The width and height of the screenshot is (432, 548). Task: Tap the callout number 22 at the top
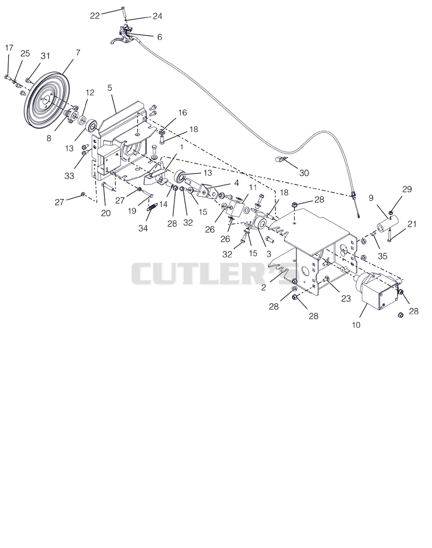click(x=95, y=16)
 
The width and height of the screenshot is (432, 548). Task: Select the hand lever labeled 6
click(x=124, y=36)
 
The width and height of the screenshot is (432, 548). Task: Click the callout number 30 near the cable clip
click(x=304, y=173)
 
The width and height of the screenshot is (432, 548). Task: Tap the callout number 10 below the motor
click(x=356, y=325)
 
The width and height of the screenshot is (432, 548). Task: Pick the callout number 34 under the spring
click(x=143, y=228)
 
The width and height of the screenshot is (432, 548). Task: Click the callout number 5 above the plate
click(x=110, y=88)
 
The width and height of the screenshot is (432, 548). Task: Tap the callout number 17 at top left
click(x=9, y=48)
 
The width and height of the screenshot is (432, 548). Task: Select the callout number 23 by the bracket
click(x=346, y=299)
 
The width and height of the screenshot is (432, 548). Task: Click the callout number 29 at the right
click(x=407, y=189)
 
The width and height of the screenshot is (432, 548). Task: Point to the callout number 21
click(x=412, y=223)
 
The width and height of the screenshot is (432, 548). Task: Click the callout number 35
click(x=382, y=256)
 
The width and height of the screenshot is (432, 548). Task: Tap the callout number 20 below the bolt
click(x=106, y=213)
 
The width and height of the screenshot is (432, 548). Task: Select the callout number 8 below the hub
click(x=49, y=138)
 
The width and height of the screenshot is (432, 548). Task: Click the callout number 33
click(x=69, y=175)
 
